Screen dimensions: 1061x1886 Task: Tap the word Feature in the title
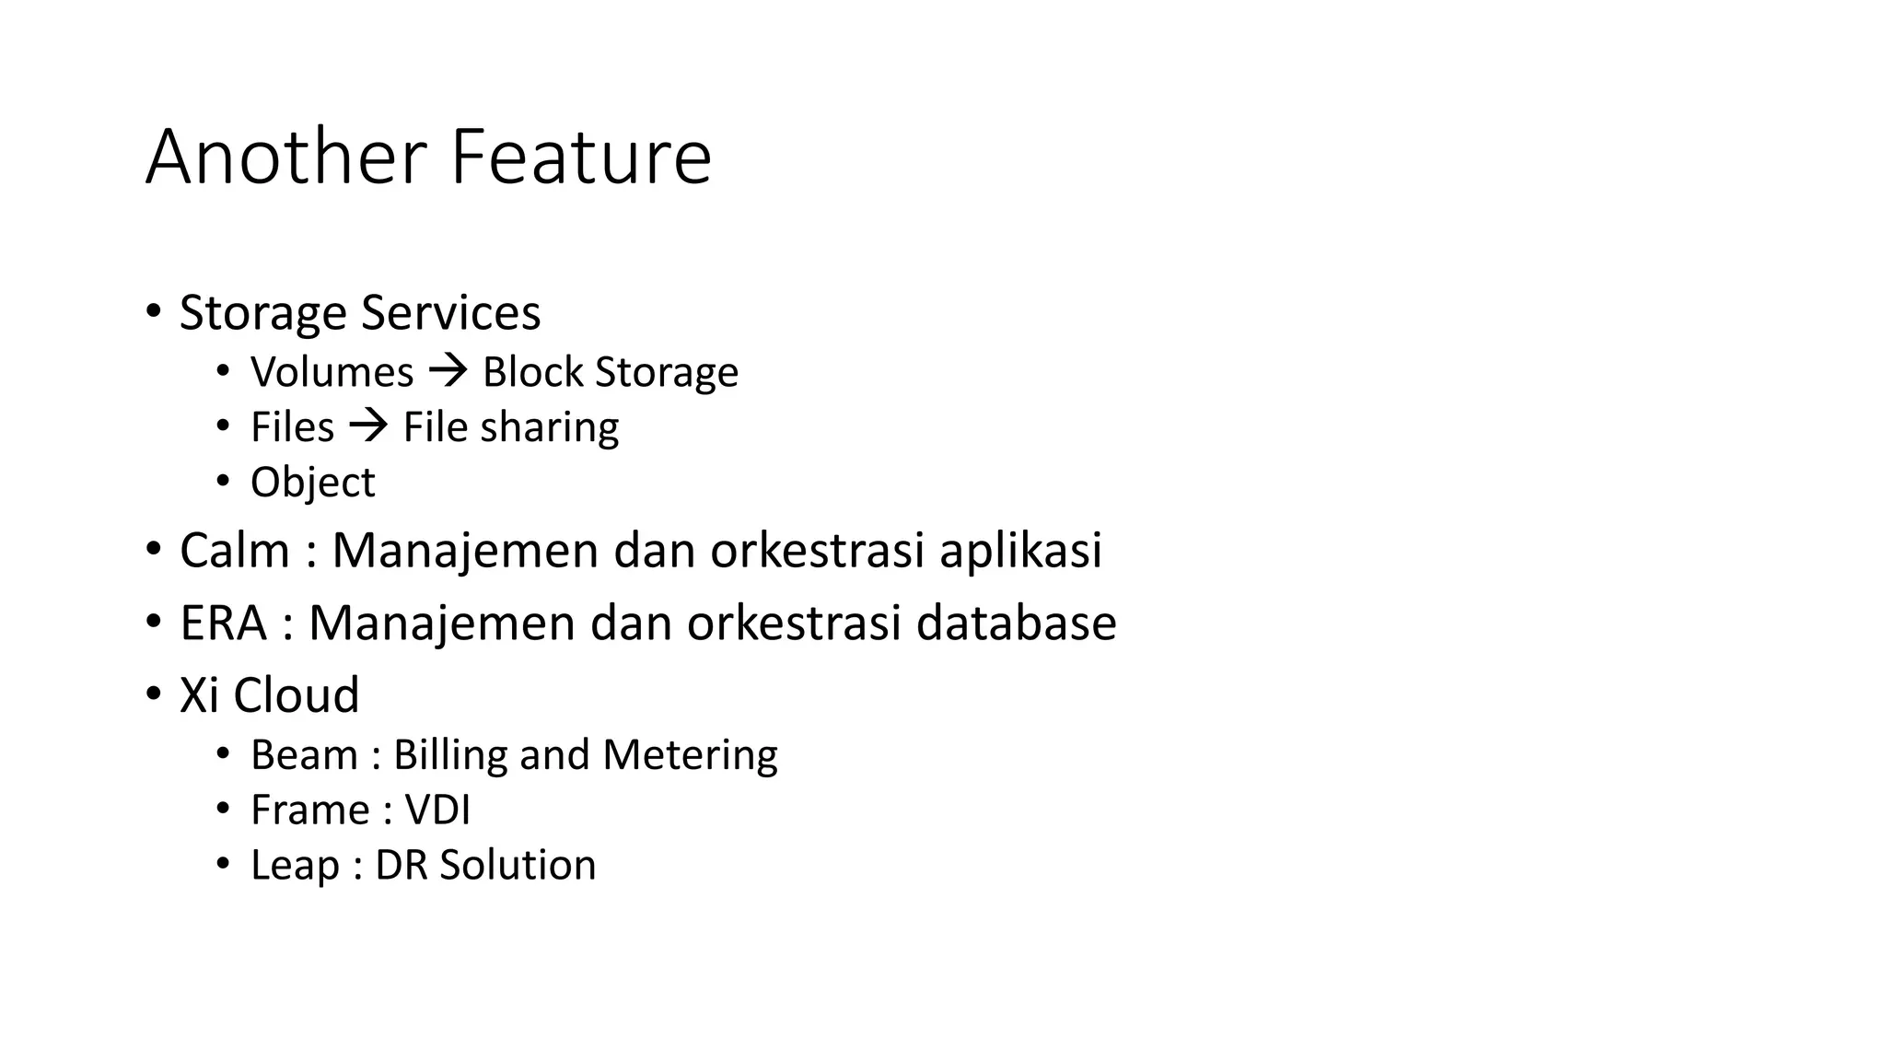tap(581, 157)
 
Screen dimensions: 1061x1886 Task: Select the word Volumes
tap(332, 372)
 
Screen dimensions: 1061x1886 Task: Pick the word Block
tap(533, 372)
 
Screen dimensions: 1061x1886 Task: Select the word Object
tap(312, 484)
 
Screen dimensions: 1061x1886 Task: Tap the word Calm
tap(235, 551)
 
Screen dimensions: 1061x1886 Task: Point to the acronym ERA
tap(223, 624)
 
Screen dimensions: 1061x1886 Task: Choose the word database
tap(1016, 624)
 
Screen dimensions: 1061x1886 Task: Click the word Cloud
tap(296, 695)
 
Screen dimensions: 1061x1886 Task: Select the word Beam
tap(304, 755)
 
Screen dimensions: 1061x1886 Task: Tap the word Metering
tap(690, 756)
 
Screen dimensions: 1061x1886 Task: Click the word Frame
tap(309, 810)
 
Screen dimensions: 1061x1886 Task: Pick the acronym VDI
tap(437, 810)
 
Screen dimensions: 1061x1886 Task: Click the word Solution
tap(518, 866)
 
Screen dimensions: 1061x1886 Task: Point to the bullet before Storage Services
tap(152, 310)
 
